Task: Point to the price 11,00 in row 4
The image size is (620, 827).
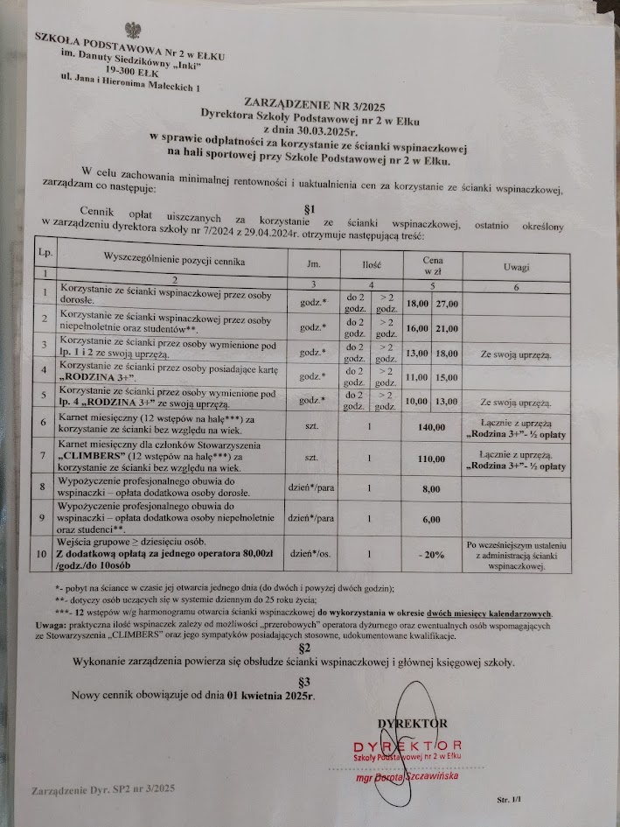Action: [417, 378]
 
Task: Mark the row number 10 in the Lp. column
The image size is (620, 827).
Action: [43, 553]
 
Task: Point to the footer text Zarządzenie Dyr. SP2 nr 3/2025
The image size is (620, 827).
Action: [104, 789]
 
